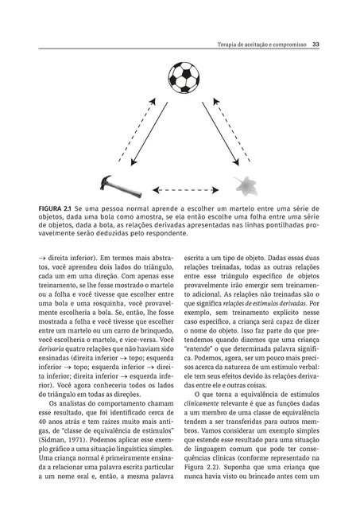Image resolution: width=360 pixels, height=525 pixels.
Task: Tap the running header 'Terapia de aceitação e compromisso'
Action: (263, 45)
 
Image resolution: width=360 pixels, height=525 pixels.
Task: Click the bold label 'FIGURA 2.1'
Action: (60, 208)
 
